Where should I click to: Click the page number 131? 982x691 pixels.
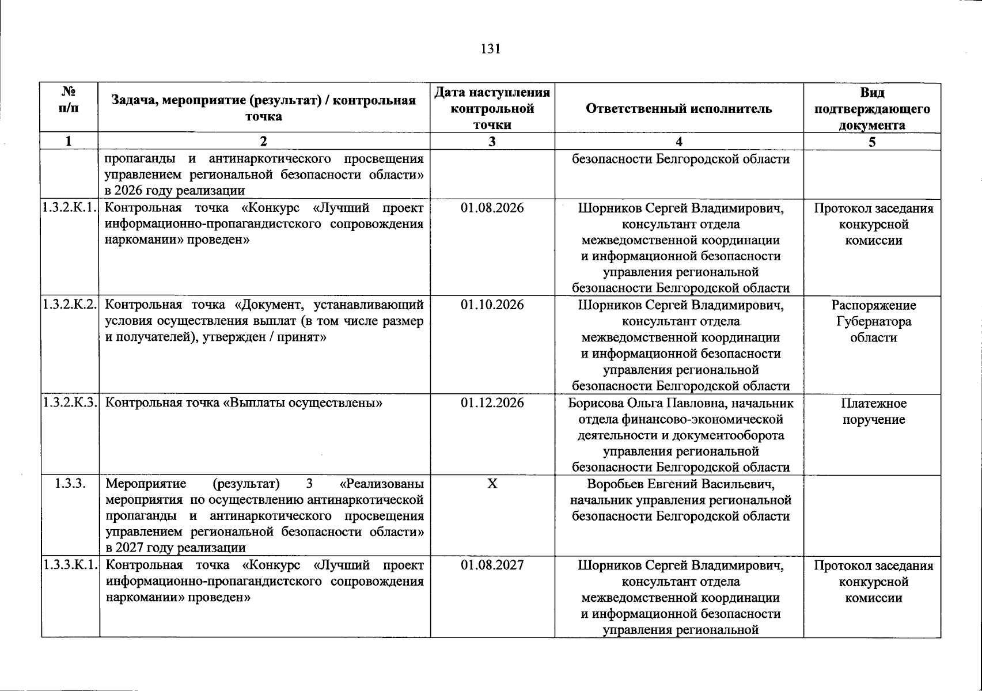click(x=491, y=49)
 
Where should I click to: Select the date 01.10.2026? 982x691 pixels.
click(x=492, y=305)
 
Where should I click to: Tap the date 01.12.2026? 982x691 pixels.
click(x=492, y=403)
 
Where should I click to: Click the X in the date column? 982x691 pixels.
click(x=492, y=484)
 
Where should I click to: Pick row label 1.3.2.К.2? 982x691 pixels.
click(x=70, y=305)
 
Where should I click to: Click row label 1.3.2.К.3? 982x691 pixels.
click(x=70, y=403)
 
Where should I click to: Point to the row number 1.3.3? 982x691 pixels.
click(x=70, y=484)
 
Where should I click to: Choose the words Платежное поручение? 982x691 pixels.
click(x=873, y=411)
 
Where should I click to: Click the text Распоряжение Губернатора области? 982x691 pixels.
click(x=873, y=321)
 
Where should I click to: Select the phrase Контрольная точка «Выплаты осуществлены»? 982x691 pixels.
click(x=245, y=403)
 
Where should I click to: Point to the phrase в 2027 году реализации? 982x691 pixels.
click(x=176, y=548)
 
